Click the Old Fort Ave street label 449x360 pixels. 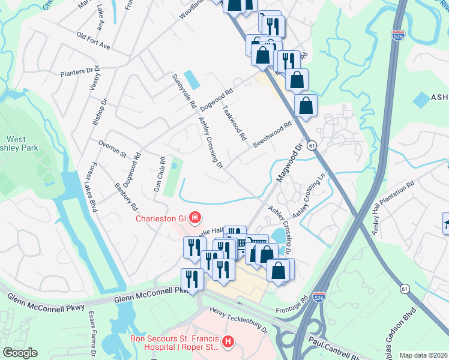(94, 41)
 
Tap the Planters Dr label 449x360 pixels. (80, 72)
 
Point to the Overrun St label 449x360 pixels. (112, 149)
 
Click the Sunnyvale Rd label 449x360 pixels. (184, 91)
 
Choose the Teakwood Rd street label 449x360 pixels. (235, 122)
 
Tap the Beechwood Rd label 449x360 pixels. (272, 133)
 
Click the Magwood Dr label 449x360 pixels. (289, 163)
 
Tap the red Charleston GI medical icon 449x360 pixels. (194, 217)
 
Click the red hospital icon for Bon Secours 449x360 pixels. (228, 341)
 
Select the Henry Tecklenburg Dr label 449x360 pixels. (238, 320)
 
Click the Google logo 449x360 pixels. (20, 353)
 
